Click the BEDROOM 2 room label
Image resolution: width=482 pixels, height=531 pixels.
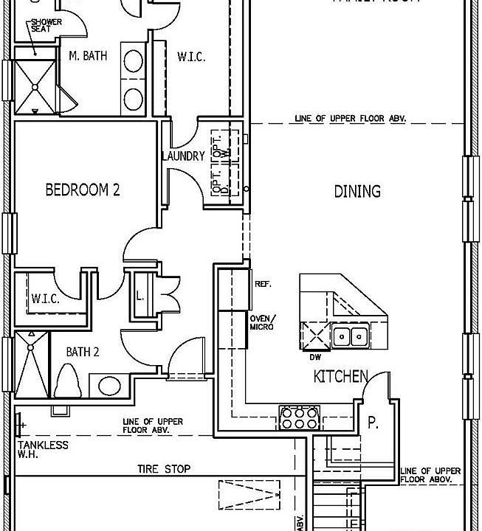(x=83, y=190)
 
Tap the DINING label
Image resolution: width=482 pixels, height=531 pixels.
(x=357, y=191)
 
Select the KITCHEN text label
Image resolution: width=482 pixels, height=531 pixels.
(x=340, y=377)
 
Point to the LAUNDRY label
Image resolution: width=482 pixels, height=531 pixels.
(x=183, y=156)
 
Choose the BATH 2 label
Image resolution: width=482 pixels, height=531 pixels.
(x=83, y=351)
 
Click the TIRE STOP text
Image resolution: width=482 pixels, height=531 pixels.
(x=164, y=468)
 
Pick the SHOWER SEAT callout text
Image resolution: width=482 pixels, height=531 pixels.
(x=46, y=27)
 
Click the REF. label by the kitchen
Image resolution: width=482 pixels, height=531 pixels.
(x=263, y=283)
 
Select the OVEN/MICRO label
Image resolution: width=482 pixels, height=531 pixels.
(x=262, y=322)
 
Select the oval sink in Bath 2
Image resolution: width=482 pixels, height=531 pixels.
(x=109, y=386)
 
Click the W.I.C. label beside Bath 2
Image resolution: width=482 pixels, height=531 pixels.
(x=45, y=299)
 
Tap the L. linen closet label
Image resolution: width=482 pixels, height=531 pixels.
(x=140, y=296)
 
